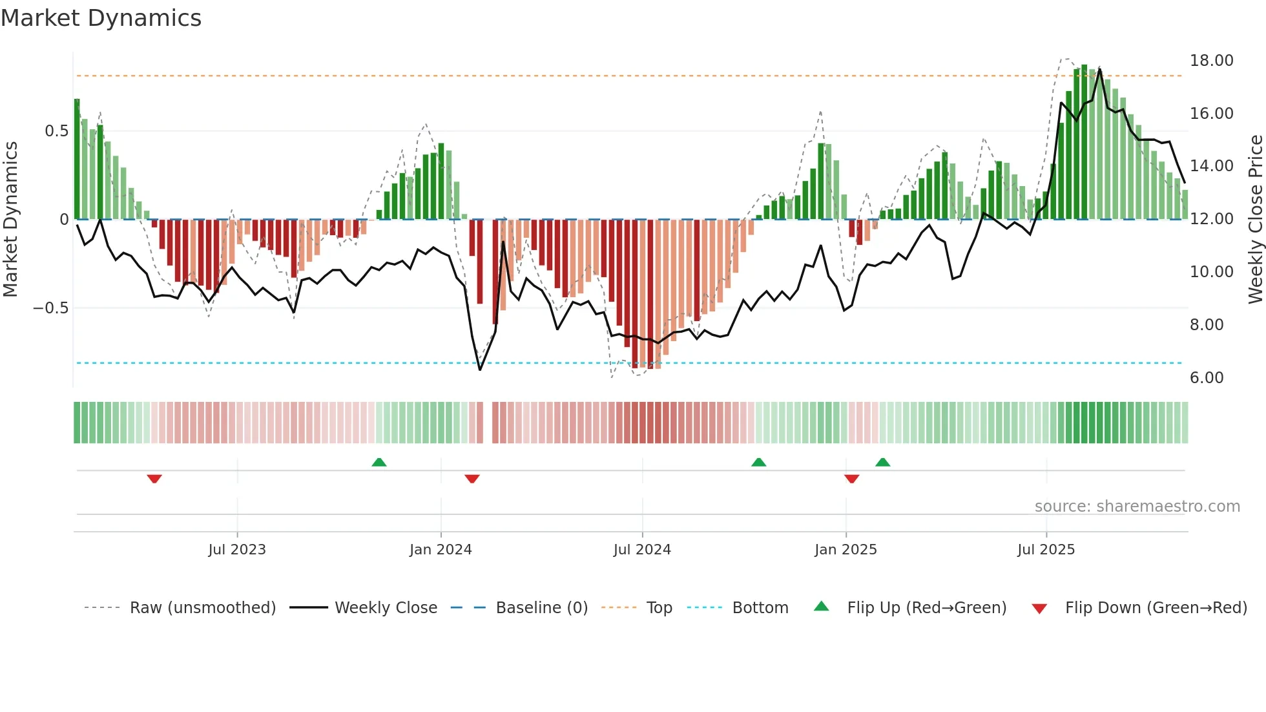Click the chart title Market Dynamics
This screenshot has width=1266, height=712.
[x=101, y=18]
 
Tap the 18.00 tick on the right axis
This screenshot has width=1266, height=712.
[x=1211, y=61]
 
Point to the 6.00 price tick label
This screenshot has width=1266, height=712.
[x=1206, y=378]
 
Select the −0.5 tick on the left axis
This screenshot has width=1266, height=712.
[x=51, y=308]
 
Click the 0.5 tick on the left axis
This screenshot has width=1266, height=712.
[x=56, y=131]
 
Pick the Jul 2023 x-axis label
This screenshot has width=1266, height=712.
[x=237, y=550]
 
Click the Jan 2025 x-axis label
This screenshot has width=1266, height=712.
[x=846, y=550]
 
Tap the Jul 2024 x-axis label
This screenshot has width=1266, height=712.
[x=642, y=550]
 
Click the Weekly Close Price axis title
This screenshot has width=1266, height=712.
[x=1255, y=220]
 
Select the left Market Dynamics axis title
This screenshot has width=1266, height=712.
[x=10, y=220]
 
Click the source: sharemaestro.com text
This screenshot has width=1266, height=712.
[x=1137, y=507]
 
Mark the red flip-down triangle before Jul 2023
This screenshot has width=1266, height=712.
[x=154, y=479]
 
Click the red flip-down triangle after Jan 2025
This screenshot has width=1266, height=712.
[x=851, y=479]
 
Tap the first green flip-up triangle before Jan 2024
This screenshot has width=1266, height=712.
[x=379, y=462]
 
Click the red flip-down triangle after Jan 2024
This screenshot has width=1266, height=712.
[x=472, y=479]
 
